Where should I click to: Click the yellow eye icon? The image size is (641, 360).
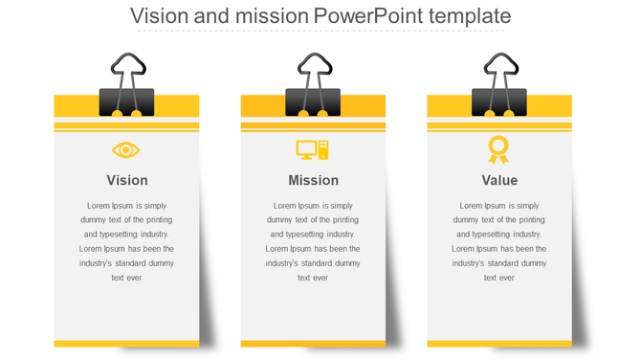(x=126, y=150)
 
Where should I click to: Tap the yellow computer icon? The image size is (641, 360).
(x=313, y=150)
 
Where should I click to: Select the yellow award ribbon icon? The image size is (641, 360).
(x=498, y=149)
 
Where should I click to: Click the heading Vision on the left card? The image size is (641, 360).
(x=127, y=180)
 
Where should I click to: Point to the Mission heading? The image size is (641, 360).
(x=313, y=180)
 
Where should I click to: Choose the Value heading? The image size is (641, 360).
(x=499, y=180)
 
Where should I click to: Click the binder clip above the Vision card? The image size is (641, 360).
(x=126, y=100)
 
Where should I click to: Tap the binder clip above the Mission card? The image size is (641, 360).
(x=313, y=100)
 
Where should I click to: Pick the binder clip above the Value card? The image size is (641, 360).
(x=499, y=100)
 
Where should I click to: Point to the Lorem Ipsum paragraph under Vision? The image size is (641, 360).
(x=127, y=241)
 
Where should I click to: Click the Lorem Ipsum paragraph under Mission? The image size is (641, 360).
(x=313, y=241)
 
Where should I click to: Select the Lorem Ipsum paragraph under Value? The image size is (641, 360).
(x=499, y=241)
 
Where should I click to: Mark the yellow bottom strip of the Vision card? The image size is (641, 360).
(x=126, y=343)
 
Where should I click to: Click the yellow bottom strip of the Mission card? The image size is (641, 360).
(x=313, y=343)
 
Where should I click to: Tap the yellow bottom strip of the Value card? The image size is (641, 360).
(x=499, y=343)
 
